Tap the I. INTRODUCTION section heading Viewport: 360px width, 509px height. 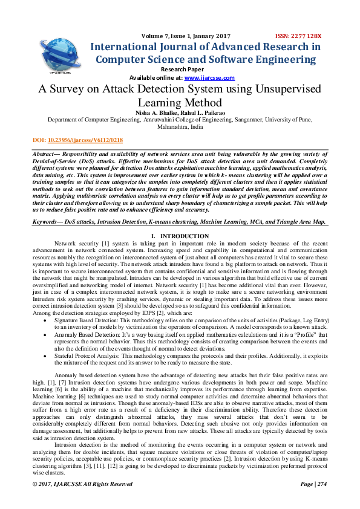(x=180, y=236)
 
